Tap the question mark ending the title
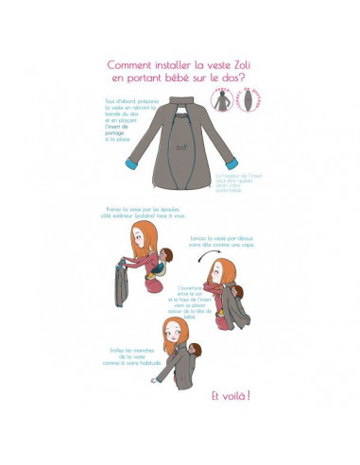tap(249, 79)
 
